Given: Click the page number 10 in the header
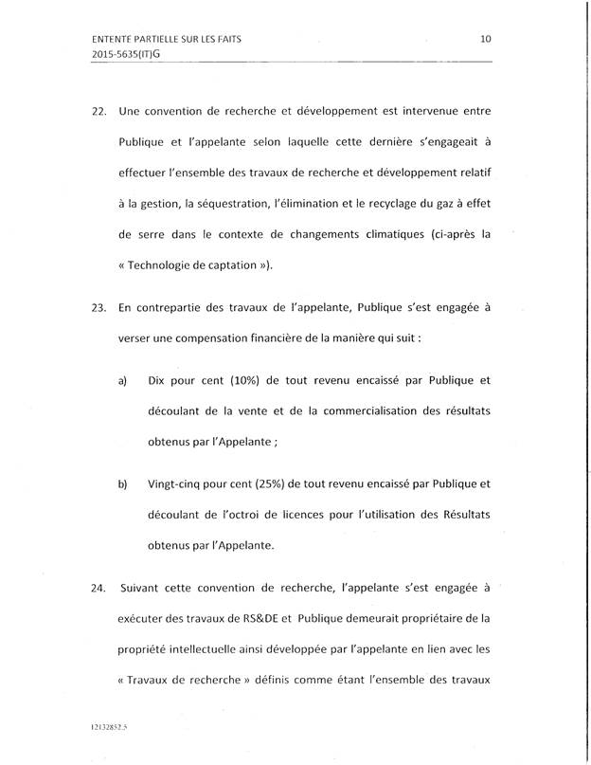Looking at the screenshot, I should coord(486,39).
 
